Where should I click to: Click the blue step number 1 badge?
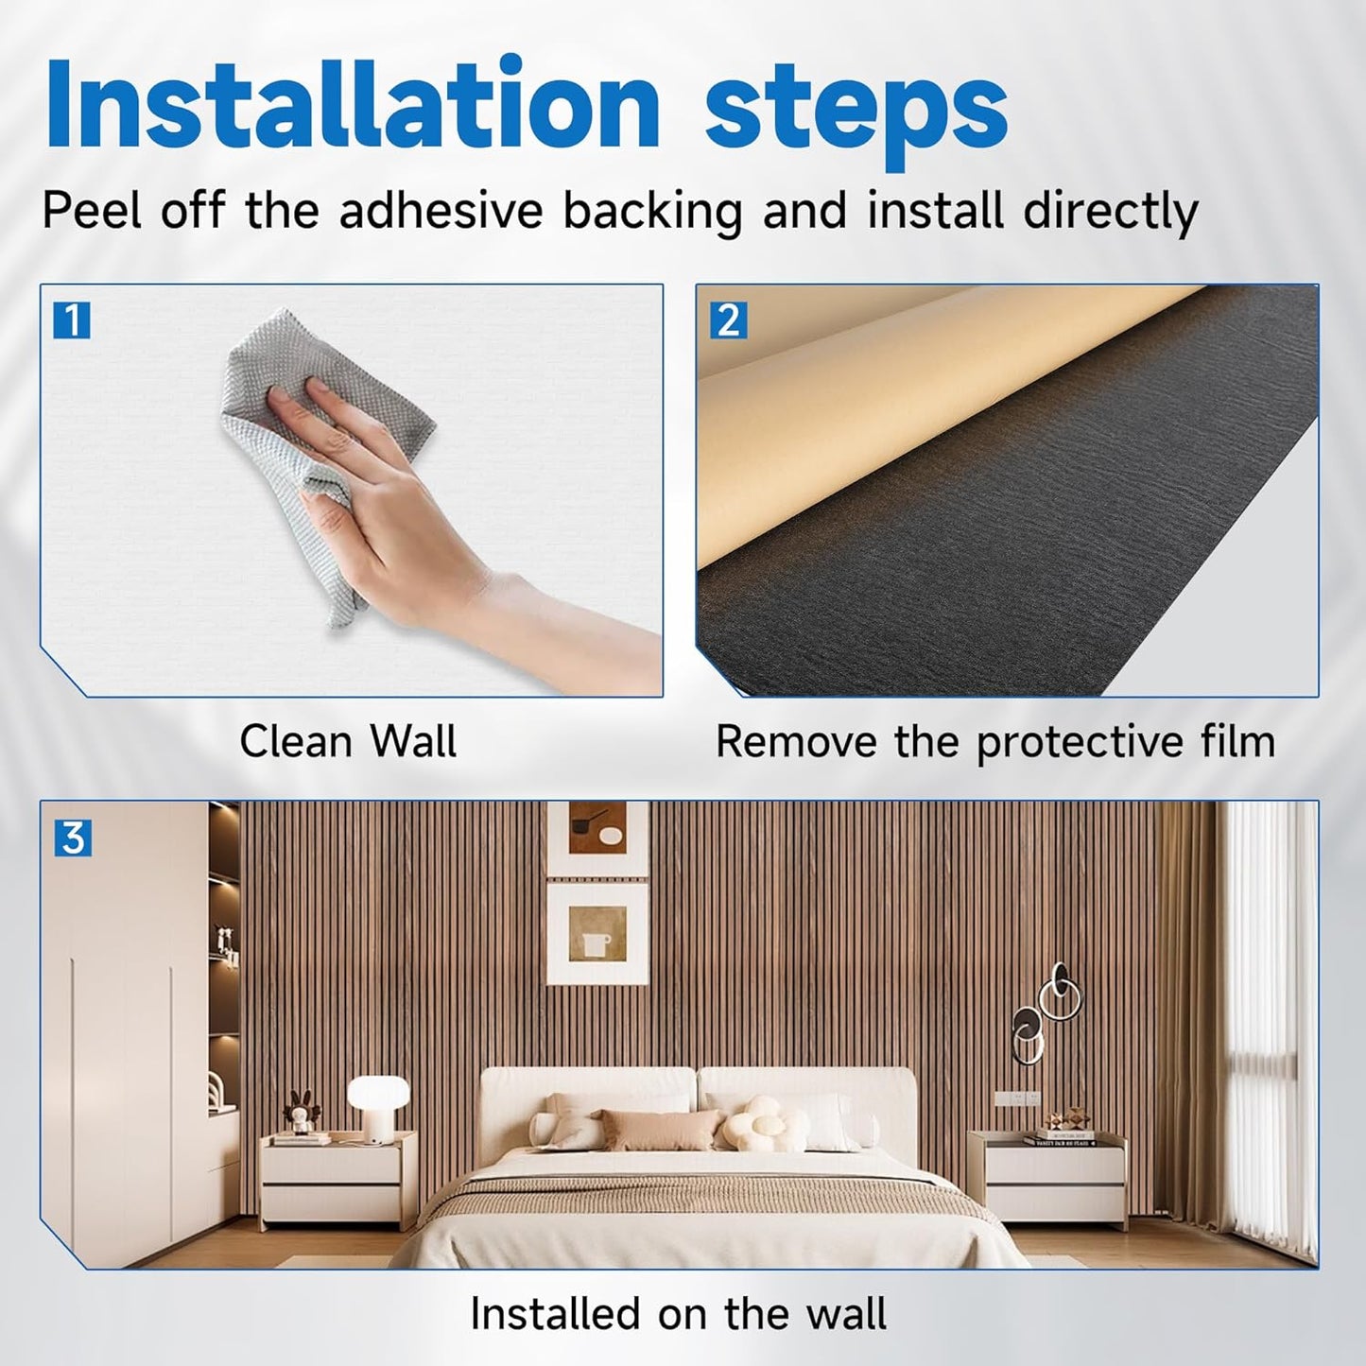71,321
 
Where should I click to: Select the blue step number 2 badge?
728,321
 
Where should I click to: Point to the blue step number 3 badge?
73,839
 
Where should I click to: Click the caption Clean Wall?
348,741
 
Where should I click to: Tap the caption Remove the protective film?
994,741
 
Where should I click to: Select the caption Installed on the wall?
678,1314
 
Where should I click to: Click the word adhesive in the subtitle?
441,210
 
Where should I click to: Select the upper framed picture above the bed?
597,838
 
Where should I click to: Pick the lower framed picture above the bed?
597,932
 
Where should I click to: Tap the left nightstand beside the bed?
337,1178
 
